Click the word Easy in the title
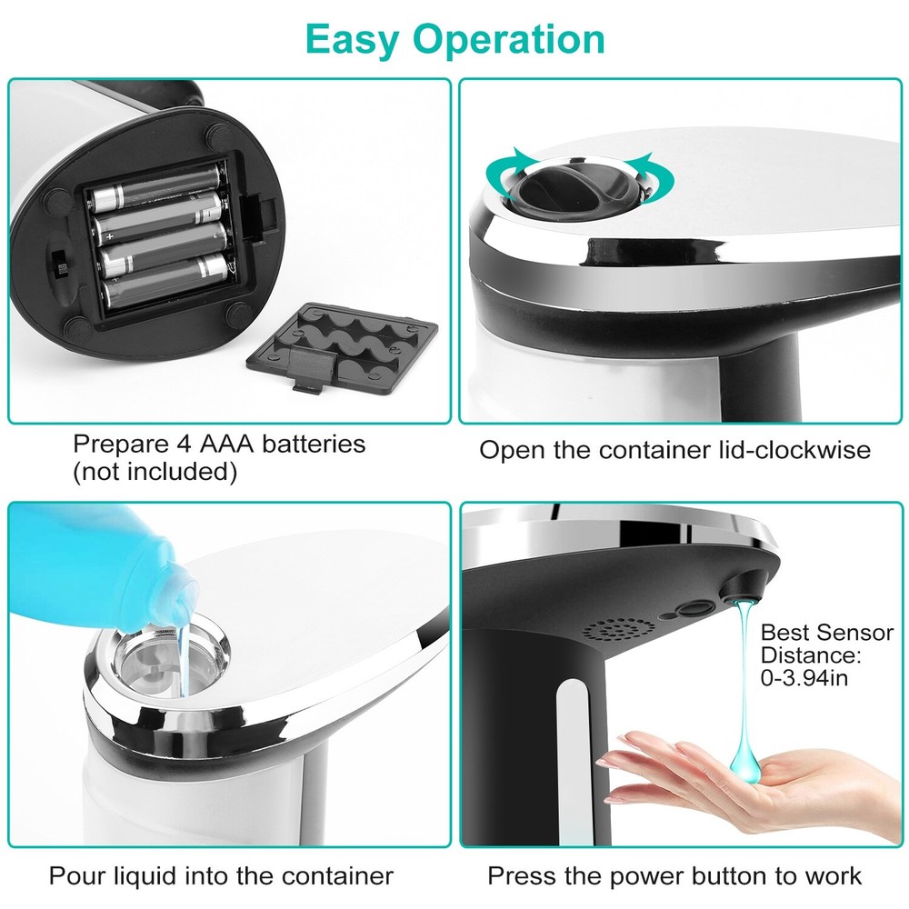point(351,39)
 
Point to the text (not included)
point(155,472)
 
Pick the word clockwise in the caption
point(800,450)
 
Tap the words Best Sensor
point(826,633)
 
